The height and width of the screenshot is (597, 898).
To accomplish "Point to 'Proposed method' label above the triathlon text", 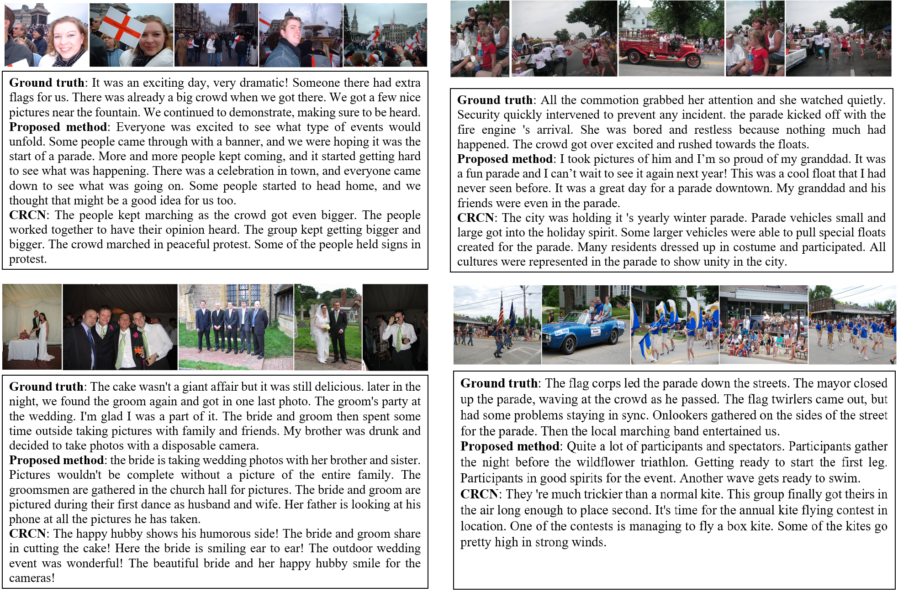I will [510, 446].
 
